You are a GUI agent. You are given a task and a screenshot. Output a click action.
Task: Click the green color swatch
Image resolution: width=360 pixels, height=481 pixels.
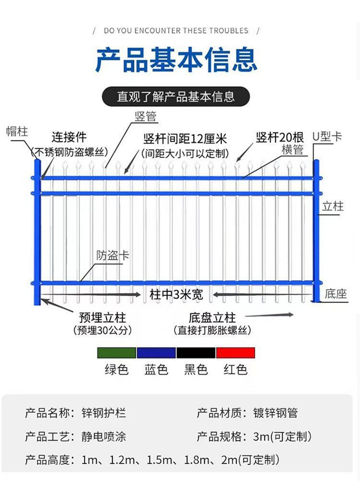(x=117, y=353)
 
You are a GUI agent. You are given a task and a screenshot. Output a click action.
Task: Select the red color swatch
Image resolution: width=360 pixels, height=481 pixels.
(x=235, y=353)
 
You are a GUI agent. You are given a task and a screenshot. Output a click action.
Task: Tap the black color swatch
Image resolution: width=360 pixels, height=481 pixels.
(x=196, y=353)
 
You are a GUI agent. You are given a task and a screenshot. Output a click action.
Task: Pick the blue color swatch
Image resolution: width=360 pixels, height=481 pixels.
(x=156, y=353)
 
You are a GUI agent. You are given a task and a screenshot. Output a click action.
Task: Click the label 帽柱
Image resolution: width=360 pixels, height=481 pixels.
(x=17, y=131)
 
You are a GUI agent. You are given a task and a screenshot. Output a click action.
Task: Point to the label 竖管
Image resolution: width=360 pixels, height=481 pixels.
(x=145, y=116)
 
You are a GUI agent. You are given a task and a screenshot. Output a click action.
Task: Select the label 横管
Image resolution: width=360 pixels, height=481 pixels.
(x=292, y=150)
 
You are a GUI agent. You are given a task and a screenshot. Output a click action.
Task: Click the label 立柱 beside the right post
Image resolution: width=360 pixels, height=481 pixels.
(x=333, y=206)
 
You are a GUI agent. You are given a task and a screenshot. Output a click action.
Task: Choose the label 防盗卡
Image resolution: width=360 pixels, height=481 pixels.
(x=113, y=255)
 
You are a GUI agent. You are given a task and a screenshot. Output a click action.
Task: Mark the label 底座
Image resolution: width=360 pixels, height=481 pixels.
(x=336, y=293)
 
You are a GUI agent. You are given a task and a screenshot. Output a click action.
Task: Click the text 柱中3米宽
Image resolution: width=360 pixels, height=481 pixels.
(x=176, y=294)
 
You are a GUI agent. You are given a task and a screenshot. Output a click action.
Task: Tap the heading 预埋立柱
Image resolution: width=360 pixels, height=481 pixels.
(x=102, y=317)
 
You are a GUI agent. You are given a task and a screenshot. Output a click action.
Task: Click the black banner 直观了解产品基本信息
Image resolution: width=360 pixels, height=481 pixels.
(x=176, y=96)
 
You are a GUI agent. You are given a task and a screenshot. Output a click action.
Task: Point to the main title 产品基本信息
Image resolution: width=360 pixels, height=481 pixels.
(x=176, y=60)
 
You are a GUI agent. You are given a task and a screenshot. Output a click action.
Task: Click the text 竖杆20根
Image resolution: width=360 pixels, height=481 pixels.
(x=277, y=138)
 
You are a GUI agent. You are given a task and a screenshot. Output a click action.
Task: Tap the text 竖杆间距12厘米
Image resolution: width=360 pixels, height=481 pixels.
(x=185, y=139)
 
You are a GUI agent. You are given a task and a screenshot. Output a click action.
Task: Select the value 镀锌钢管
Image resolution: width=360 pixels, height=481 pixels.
(x=276, y=412)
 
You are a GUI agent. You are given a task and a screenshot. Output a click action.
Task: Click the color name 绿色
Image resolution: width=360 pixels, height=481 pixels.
(x=117, y=369)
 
